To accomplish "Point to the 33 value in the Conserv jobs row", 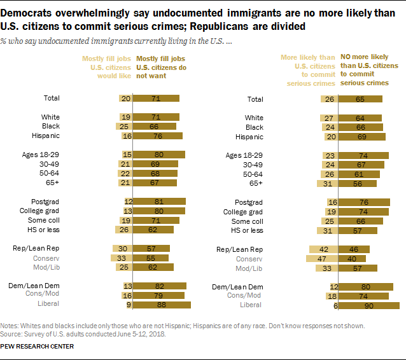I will (122, 259).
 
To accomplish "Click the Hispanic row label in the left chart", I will (46, 135).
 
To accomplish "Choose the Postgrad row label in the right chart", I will (249, 202).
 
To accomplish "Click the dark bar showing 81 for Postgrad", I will (159, 202).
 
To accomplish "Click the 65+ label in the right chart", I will (256, 183).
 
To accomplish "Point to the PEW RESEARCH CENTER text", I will (38, 346).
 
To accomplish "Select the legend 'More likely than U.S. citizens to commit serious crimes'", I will (309, 71).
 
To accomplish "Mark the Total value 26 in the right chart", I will (330, 99).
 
